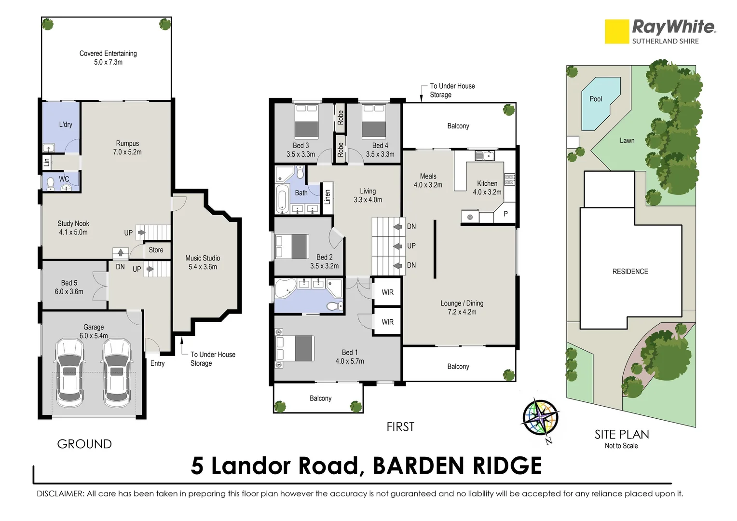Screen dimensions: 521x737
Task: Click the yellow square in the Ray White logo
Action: (x=617, y=32)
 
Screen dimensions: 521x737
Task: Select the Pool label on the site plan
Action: (x=596, y=99)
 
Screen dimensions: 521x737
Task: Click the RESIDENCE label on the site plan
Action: (x=630, y=272)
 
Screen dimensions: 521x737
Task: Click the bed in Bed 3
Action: (x=306, y=122)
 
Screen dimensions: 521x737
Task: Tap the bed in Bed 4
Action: (x=374, y=122)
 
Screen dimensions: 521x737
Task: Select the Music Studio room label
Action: (x=203, y=262)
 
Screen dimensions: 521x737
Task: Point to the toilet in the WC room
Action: (x=50, y=183)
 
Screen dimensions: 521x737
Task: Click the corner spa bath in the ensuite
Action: (x=285, y=289)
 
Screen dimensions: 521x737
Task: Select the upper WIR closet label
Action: (x=387, y=292)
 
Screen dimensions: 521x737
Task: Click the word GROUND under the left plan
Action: (x=84, y=444)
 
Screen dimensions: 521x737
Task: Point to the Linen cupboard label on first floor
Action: (x=328, y=197)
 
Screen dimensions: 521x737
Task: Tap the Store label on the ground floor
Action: (x=156, y=250)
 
